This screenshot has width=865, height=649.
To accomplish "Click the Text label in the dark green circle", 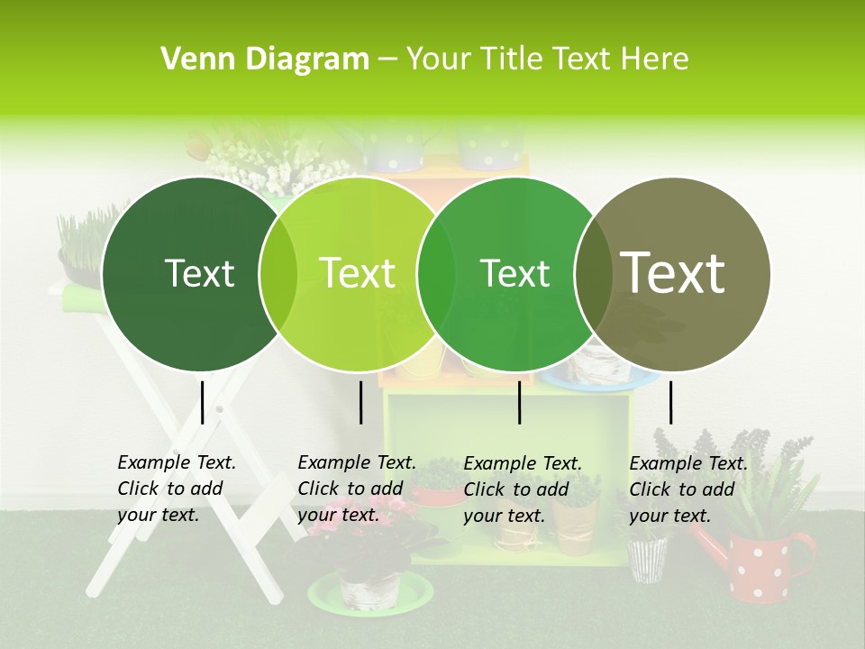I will tap(200, 273).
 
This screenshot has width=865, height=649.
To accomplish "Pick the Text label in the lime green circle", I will tap(358, 273).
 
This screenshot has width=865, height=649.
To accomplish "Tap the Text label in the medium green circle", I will tap(515, 273).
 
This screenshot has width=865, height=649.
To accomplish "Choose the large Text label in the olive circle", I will tap(673, 273).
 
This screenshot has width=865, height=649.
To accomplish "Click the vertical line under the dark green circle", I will tap(202, 402).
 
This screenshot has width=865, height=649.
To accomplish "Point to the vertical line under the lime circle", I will tap(360, 402).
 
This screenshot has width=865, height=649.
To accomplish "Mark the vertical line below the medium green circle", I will tap(520, 402).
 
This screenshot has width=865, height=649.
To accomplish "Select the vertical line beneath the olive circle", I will tap(670, 402).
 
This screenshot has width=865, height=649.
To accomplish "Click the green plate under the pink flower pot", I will tap(369, 596).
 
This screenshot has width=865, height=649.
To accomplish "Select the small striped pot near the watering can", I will tap(647, 558).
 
